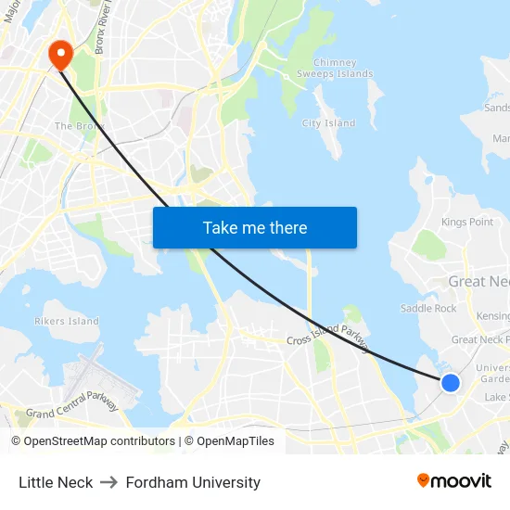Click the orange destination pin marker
(x=61, y=55)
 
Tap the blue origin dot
(x=450, y=382)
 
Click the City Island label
(x=328, y=123)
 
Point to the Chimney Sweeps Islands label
(x=335, y=68)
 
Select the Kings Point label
(x=467, y=223)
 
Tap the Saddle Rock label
(x=428, y=308)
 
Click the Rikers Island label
(x=66, y=322)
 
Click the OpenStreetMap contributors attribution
(x=93, y=441)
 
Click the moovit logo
(x=454, y=480)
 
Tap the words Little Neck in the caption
(x=56, y=482)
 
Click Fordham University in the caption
(x=193, y=482)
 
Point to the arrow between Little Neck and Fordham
(x=109, y=482)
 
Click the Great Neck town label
(x=478, y=281)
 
